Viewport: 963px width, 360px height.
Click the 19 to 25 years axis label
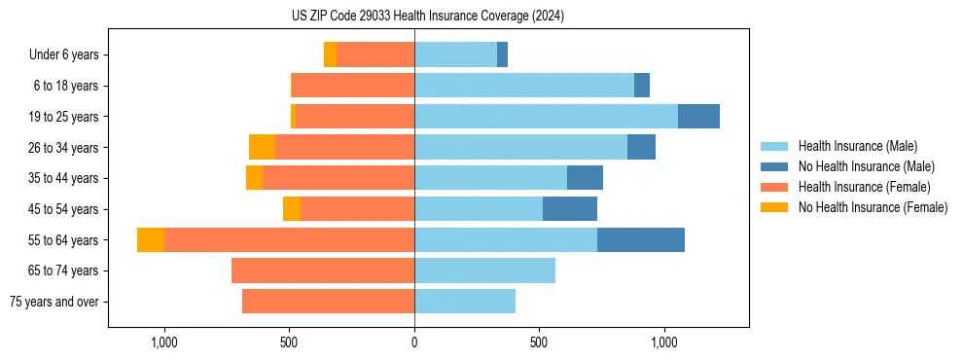64,117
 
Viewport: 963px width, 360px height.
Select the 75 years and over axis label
53,302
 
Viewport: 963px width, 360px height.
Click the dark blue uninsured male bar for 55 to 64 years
641,240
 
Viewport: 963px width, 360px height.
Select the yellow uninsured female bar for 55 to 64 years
151,240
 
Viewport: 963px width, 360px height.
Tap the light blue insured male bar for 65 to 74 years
484,270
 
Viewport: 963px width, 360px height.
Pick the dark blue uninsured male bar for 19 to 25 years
698,117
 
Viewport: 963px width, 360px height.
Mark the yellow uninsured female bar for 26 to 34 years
262,148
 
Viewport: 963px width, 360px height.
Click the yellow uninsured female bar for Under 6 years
330,55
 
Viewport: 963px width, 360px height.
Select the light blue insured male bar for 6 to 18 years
524,86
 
